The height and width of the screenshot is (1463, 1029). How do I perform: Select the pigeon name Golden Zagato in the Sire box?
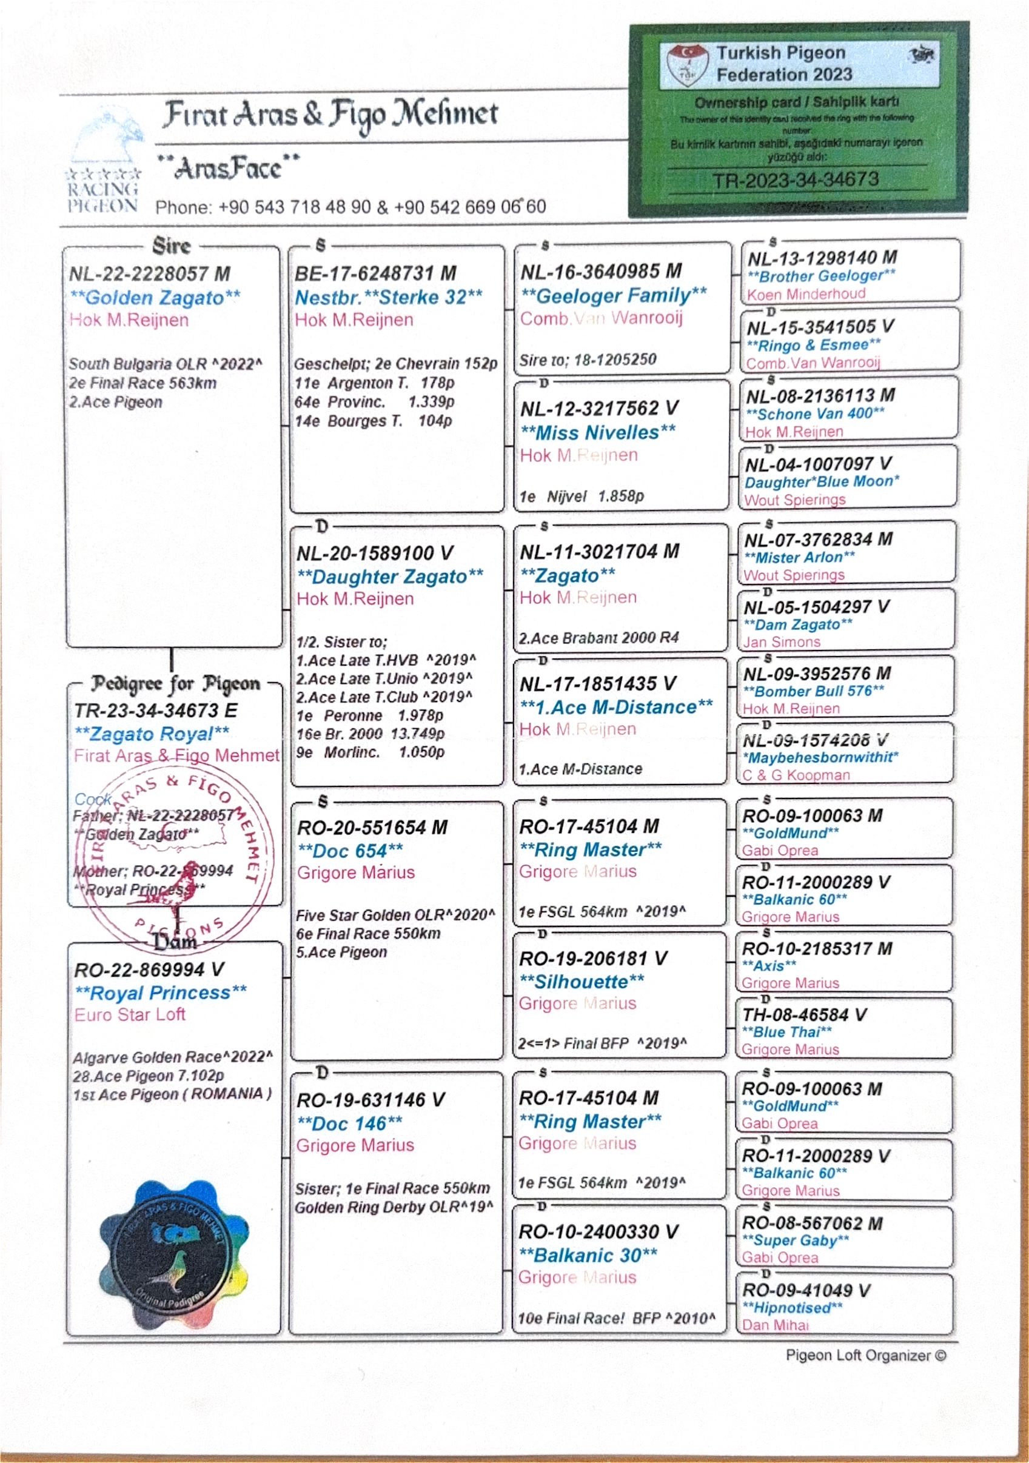tap(155, 298)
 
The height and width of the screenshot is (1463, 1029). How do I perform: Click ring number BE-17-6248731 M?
tap(375, 273)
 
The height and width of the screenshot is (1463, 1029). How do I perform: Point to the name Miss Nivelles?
tap(598, 433)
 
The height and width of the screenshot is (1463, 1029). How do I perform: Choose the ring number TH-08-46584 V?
tap(804, 1015)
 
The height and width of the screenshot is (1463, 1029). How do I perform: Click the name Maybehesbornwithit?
tap(820, 758)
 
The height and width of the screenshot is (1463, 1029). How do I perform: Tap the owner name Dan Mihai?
tap(775, 1325)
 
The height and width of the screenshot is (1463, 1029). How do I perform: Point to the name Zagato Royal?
tap(152, 734)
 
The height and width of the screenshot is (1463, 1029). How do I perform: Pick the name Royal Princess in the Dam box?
tap(161, 993)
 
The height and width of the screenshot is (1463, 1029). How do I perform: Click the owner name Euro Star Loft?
tap(130, 1014)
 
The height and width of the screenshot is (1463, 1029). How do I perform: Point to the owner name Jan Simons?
tap(782, 642)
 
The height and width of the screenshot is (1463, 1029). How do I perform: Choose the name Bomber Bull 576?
tap(814, 691)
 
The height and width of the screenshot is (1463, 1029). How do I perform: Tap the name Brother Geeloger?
tap(821, 276)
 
